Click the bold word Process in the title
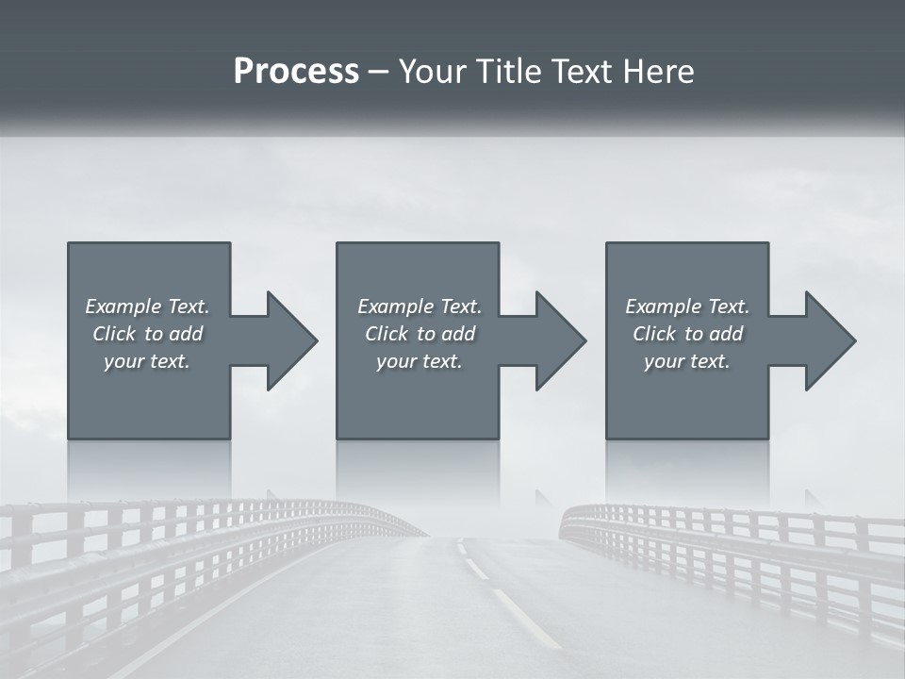click(296, 72)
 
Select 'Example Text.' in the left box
click(147, 306)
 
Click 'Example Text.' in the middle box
click(420, 306)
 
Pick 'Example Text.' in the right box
click(687, 306)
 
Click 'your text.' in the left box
click(147, 361)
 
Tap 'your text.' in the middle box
click(420, 361)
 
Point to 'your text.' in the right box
click(687, 361)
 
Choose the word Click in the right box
click(654, 334)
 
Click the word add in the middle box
click(458, 334)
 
